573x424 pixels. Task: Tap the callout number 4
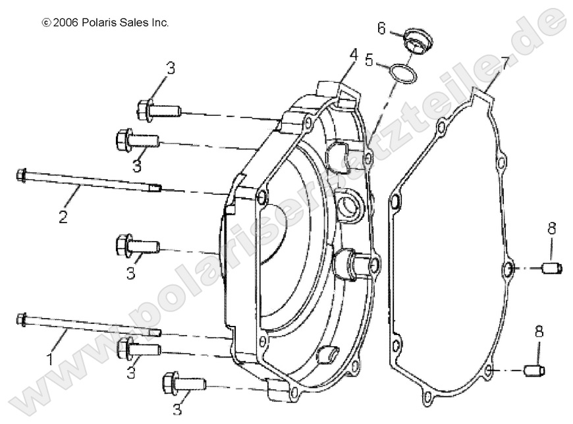point(354,55)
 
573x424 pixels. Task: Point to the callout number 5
point(369,61)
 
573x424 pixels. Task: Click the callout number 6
point(381,28)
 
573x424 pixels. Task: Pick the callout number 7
point(505,64)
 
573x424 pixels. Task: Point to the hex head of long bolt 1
point(21,319)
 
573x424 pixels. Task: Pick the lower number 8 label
point(539,332)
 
